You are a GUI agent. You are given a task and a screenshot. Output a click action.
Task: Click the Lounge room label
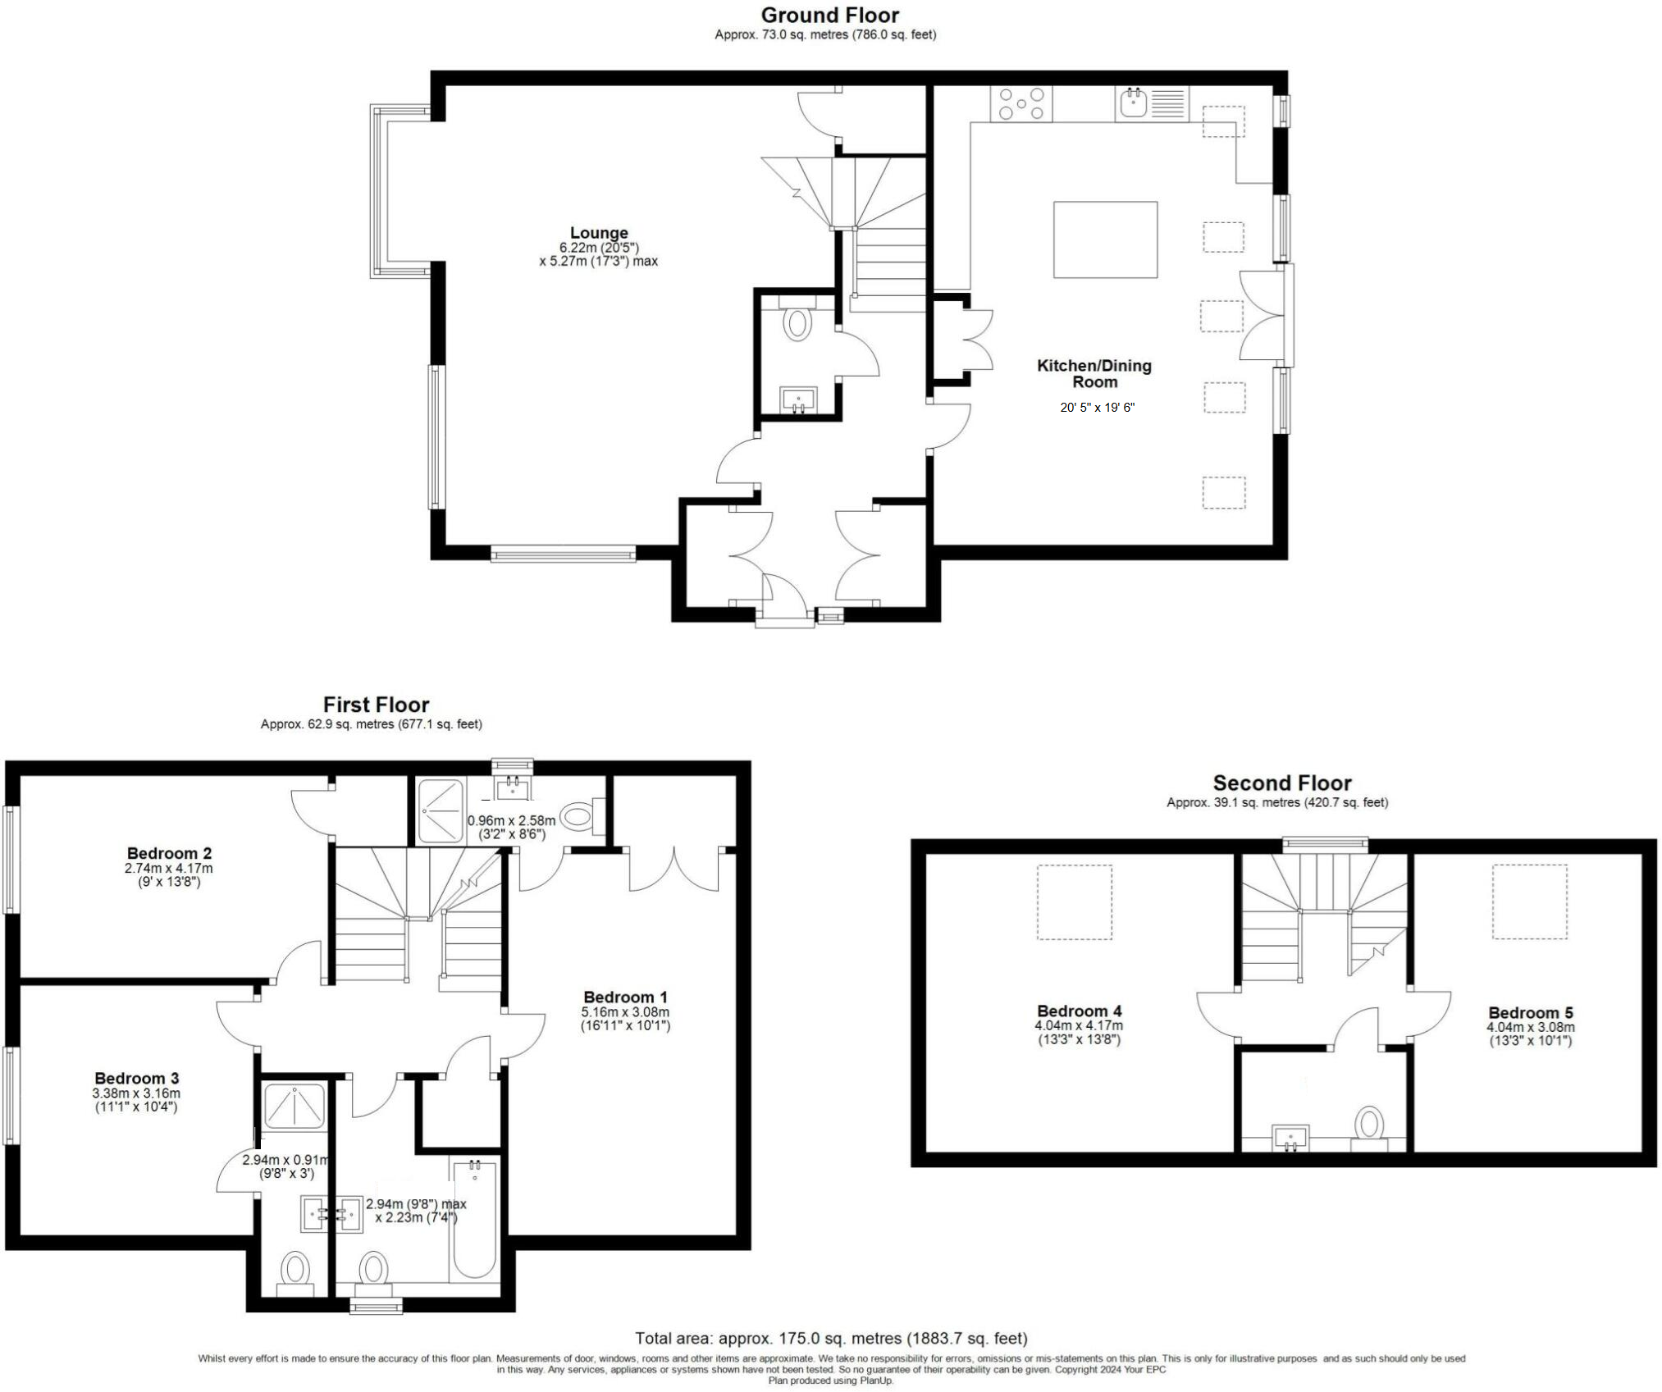point(599,233)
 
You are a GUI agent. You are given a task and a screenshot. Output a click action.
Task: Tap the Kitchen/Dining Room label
point(1094,373)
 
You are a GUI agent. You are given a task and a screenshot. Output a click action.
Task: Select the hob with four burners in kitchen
point(1021,104)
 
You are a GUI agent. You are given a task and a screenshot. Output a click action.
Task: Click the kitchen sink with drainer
point(1151,104)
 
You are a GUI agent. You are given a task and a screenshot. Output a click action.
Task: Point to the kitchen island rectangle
point(1105,240)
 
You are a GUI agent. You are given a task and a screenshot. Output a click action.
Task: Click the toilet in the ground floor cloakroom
point(797,322)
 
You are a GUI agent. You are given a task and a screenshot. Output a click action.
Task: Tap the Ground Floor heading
point(830,15)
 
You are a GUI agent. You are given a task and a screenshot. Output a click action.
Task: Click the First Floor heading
point(376,705)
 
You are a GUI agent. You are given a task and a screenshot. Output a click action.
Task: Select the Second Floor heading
point(1281,783)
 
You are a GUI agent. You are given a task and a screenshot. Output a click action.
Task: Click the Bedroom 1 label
point(625,997)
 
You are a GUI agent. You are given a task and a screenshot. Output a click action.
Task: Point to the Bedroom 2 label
point(169,853)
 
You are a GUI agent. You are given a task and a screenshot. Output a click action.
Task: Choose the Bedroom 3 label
point(136,1078)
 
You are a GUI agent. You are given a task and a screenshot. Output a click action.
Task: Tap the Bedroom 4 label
point(1079,1011)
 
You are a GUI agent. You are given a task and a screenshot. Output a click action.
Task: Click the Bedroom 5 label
point(1530,1012)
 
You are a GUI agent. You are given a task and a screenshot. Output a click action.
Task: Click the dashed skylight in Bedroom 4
point(1074,901)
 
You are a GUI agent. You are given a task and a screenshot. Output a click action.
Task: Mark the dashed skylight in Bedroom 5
point(1529,901)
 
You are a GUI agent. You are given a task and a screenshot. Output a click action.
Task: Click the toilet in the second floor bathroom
point(1369,1124)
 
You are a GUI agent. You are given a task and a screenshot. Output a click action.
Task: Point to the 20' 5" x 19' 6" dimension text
point(1097,407)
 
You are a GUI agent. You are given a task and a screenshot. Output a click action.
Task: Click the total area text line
point(830,1338)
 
